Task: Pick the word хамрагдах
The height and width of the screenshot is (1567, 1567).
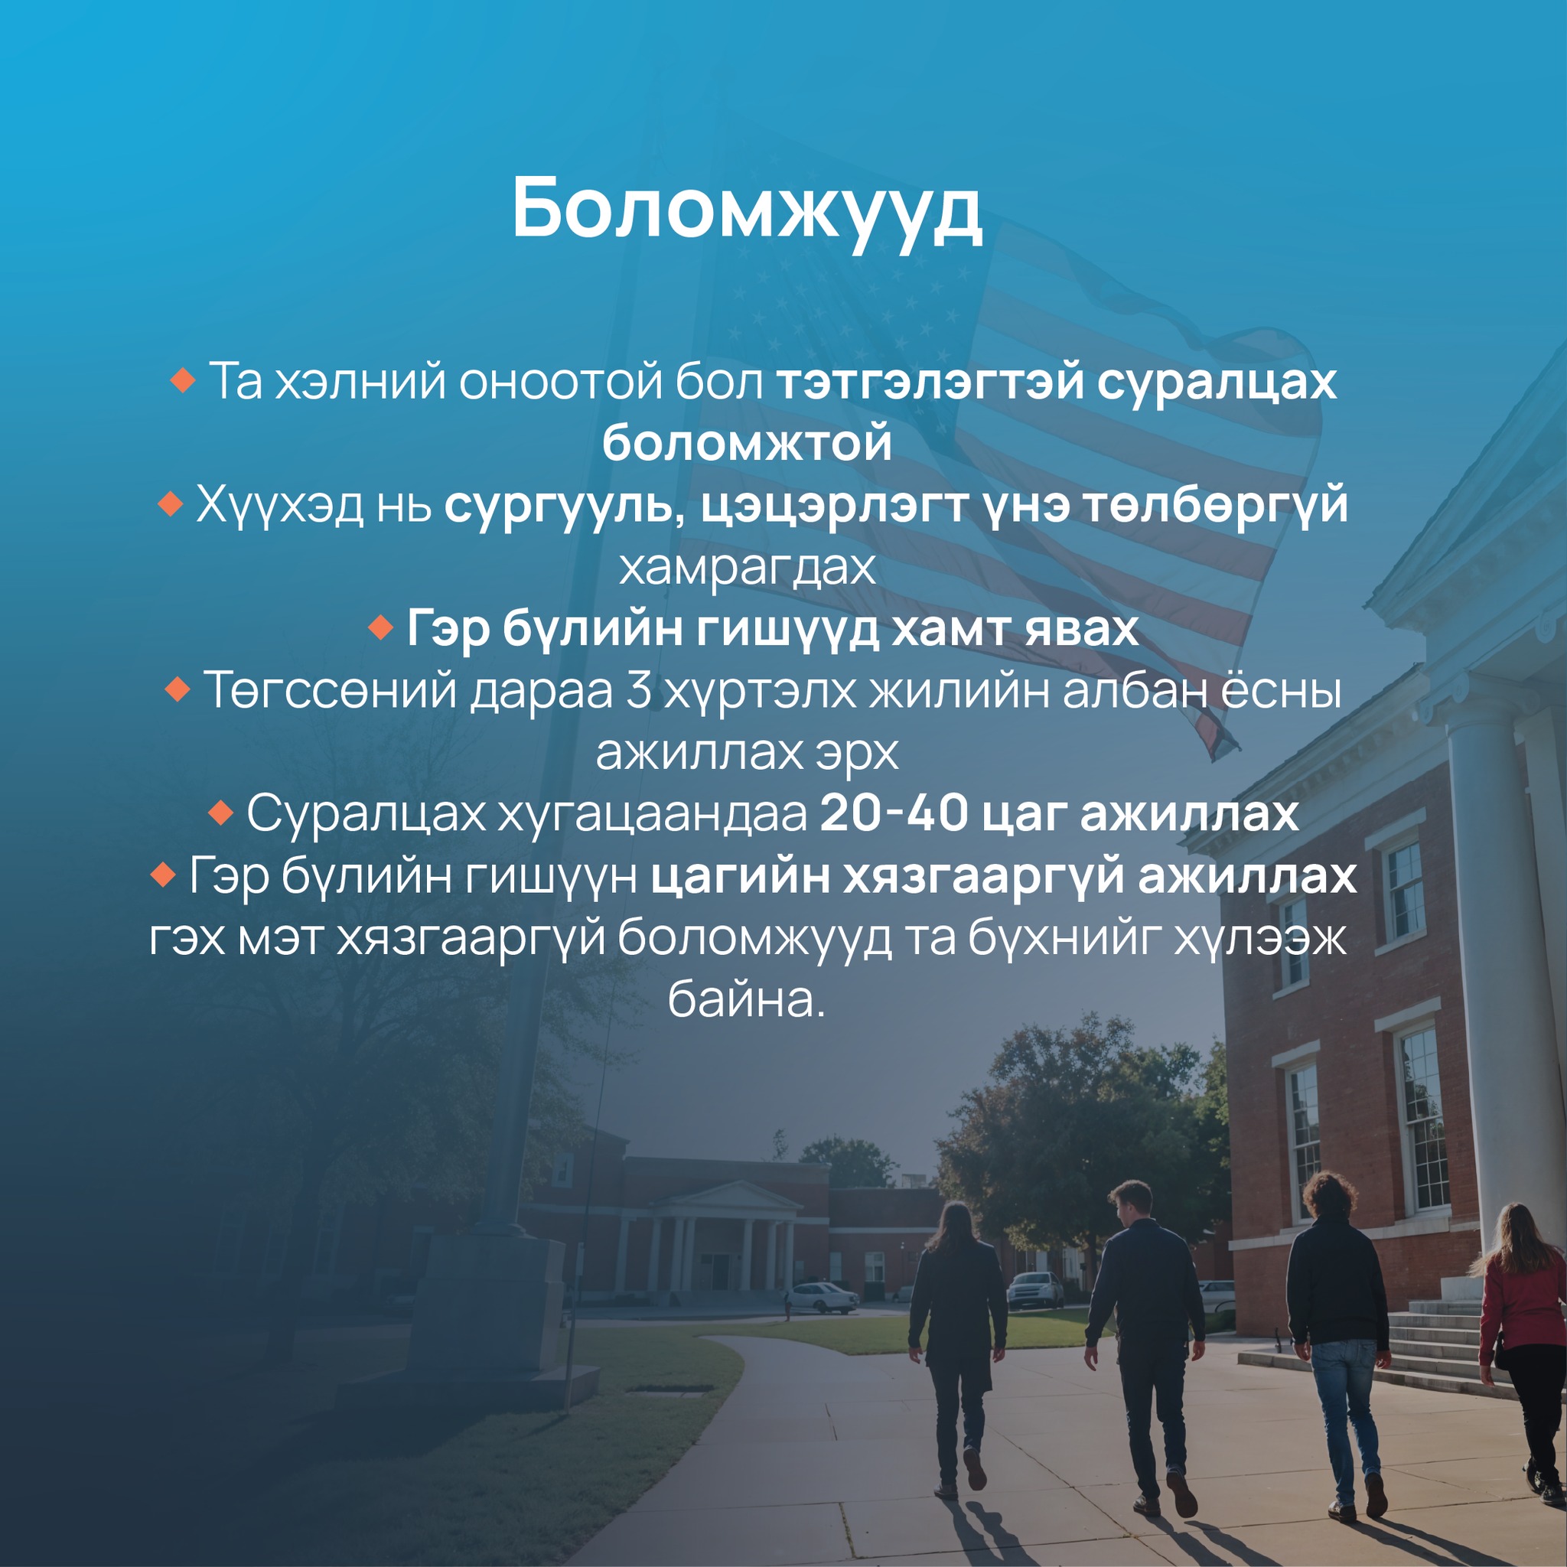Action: [747, 567]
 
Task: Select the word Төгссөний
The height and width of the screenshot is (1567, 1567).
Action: [329, 691]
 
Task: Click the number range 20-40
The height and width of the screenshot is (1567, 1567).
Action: [894, 813]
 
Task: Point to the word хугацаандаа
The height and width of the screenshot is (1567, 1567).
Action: [653, 815]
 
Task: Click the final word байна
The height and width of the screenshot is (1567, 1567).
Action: [746, 999]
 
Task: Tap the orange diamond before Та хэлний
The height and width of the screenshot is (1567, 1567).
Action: [184, 380]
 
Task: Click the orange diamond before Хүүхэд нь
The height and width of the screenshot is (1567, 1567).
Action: [171, 504]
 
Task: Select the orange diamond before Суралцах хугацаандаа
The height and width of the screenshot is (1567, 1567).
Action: [220, 813]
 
